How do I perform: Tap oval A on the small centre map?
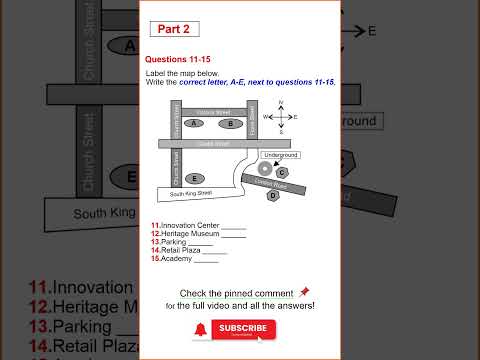coord(195,124)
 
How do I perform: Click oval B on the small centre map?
coord(230,124)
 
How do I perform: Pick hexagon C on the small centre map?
coord(282,172)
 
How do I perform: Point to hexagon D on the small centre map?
coord(273,195)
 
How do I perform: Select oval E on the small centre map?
coord(196,178)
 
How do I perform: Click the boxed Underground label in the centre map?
coord(280,155)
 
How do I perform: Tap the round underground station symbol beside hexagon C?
coord(264,168)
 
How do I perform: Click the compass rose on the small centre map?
coord(281,117)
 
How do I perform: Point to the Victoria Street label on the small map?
coord(212,111)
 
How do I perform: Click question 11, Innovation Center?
coord(198,225)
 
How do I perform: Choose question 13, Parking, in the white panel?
coord(182,242)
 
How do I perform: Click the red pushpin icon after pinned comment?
coord(304,292)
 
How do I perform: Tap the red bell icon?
coord(201,328)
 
